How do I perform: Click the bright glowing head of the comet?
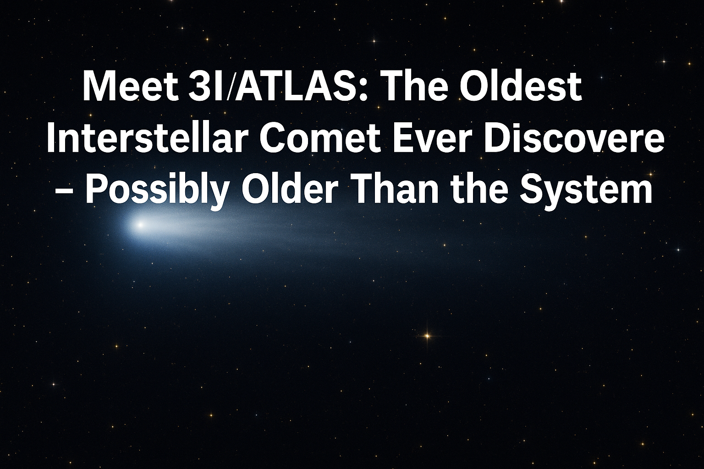click(140, 224)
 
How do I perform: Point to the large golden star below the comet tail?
click(427, 336)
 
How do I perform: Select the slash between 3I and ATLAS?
click(230, 87)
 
